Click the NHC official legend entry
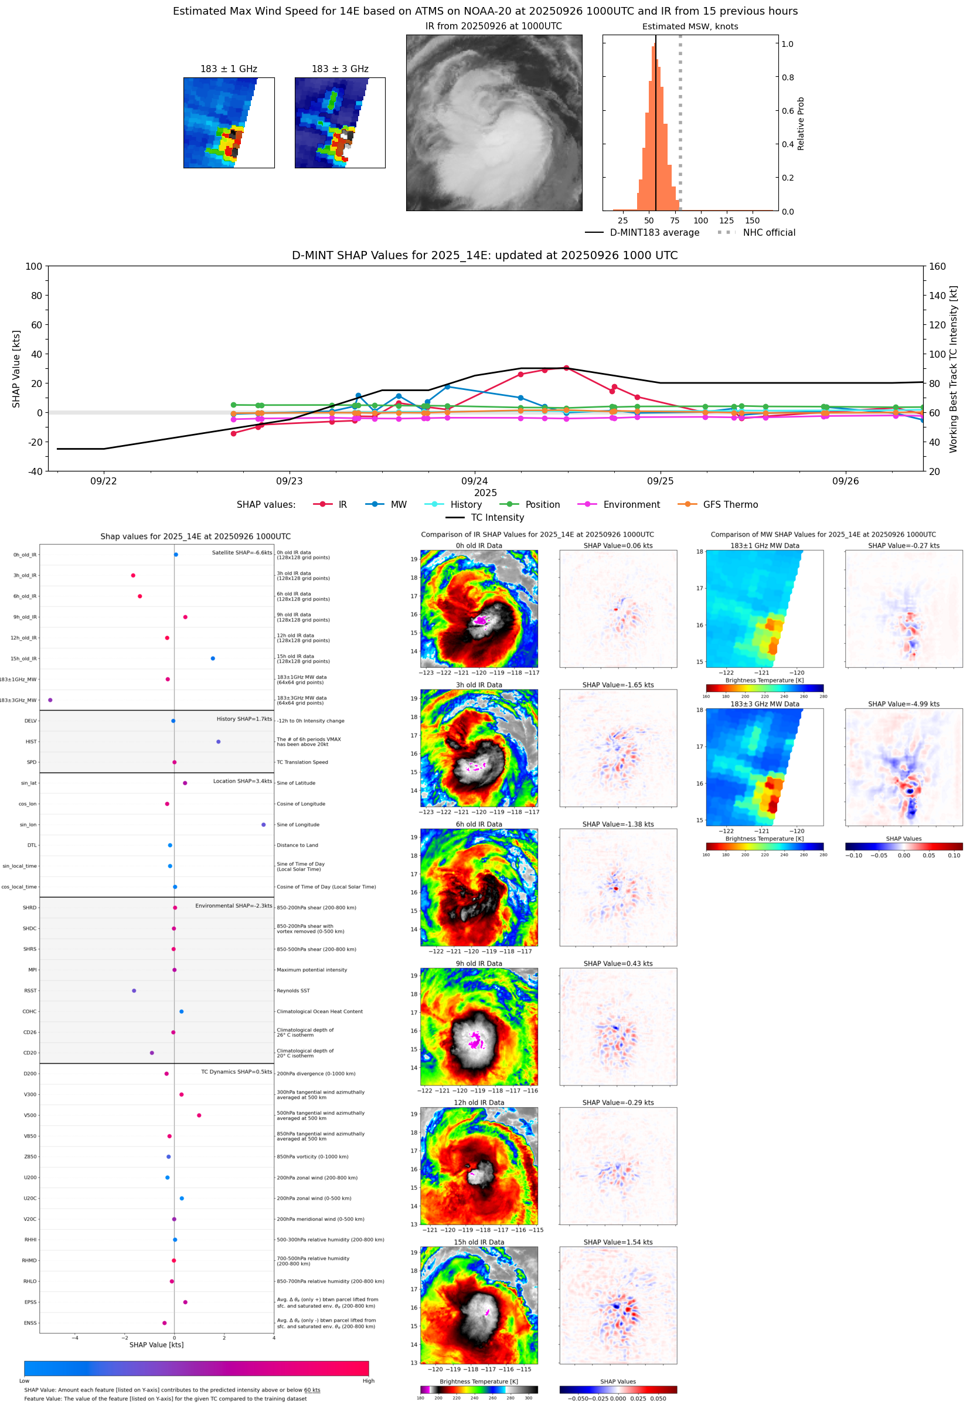pyautogui.click(x=768, y=232)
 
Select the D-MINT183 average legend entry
pyautogui.click(x=654, y=232)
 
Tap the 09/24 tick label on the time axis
pyautogui.click(x=474, y=481)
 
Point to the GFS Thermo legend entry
pyautogui.click(x=730, y=505)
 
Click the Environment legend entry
pyautogui.click(x=631, y=505)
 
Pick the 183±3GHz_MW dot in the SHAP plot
pyautogui.click(x=50, y=700)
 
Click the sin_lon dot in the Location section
pyautogui.click(x=263, y=824)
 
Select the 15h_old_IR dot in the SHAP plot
pyautogui.click(x=213, y=659)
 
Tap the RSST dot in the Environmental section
pyautogui.click(x=134, y=990)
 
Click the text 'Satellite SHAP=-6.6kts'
pyautogui.click(x=241, y=552)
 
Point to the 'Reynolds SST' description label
pyautogui.click(x=293, y=990)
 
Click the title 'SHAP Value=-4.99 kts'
pyautogui.click(x=903, y=704)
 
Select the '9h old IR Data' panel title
pyautogui.click(x=479, y=963)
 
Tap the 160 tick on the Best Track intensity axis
pyautogui.click(x=937, y=266)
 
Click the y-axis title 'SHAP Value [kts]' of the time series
pyautogui.click(x=16, y=368)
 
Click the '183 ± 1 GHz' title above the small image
pyautogui.click(x=229, y=69)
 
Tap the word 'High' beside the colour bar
pyautogui.click(x=368, y=1381)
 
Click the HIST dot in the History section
pyautogui.click(x=218, y=742)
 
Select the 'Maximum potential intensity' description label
pyautogui.click(x=312, y=970)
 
